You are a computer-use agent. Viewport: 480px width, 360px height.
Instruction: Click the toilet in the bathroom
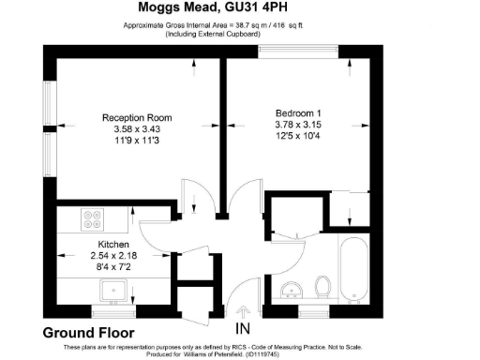[323, 285]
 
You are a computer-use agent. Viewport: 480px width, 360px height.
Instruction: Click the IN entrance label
[244, 329]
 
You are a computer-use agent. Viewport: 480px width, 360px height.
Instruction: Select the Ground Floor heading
[89, 333]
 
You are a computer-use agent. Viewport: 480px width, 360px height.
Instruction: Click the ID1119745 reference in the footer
[281, 354]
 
